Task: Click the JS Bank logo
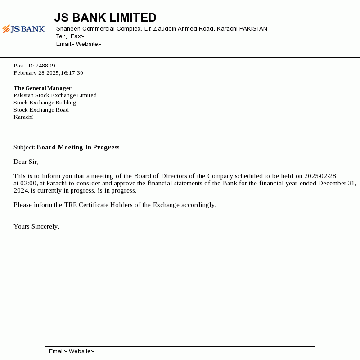point(23,29)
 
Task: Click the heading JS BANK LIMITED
point(105,18)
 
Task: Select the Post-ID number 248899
point(45,66)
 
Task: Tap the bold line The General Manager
point(42,88)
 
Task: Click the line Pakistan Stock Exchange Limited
point(55,95)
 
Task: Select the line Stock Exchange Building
point(45,103)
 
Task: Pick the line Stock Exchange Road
point(41,110)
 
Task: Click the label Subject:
point(24,148)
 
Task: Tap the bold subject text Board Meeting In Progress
point(78,148)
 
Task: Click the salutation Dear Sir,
point(26,162)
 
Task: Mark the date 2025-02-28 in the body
point(320,176)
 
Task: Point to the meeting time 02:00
point(28,184)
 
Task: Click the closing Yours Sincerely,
point(36,227)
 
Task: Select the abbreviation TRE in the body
point(70,205)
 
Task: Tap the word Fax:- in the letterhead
point(77,36)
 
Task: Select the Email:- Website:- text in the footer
point(72,351)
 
